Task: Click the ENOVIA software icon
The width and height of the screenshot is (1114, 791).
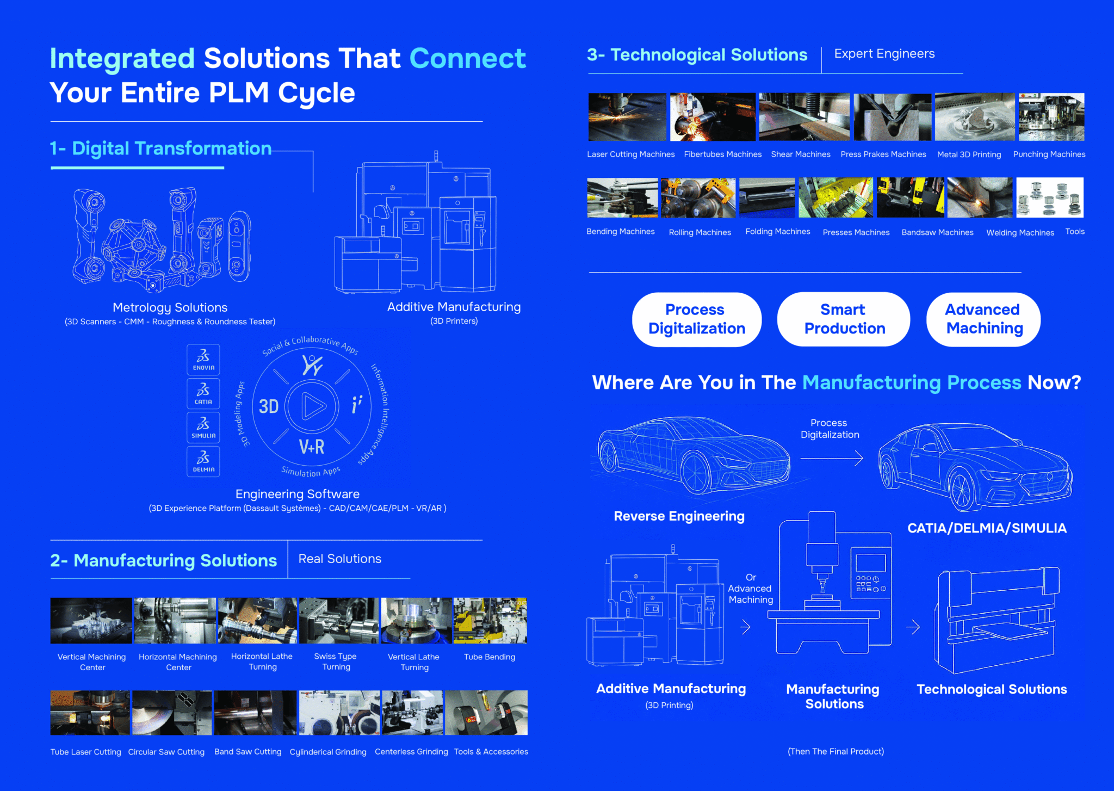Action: coord(203,360)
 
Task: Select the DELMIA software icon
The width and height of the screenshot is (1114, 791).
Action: coord(203,461)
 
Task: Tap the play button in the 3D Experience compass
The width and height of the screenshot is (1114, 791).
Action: coord(312,406)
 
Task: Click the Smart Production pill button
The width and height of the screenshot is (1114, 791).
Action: coord(844,319)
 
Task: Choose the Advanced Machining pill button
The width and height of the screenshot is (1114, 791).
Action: coord(983,319)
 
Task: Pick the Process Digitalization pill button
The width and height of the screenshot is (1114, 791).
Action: coord(696,319)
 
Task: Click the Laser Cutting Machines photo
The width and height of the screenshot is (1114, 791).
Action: coord(627,117)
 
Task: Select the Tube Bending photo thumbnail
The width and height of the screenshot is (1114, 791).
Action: coord(490,621)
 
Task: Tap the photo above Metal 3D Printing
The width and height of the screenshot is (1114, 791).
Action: coord(974,117)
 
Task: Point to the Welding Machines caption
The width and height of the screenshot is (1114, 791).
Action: coord(1020,233)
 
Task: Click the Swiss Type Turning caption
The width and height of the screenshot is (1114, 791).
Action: coord(336,662)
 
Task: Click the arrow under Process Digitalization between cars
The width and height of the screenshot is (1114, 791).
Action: coord(831,459)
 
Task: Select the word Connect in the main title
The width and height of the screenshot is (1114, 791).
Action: coord(467,59)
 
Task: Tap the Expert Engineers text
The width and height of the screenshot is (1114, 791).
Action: coord(884,54)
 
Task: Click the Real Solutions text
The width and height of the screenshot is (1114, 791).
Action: coord(340,559)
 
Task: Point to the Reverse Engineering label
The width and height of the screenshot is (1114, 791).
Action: coord(679,516)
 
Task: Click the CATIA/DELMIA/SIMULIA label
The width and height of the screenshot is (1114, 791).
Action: coord(987,528)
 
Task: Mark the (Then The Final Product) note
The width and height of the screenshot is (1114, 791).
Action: coord(835,752)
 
